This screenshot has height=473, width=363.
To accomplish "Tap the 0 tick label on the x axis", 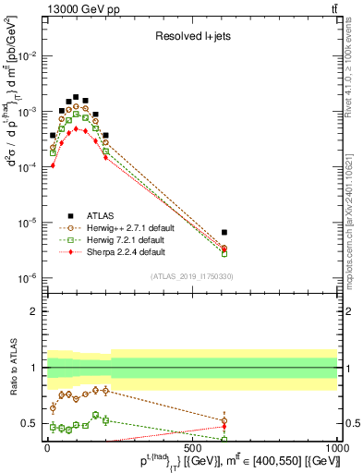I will [47, 450].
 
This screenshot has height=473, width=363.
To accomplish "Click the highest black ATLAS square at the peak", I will [76, 96].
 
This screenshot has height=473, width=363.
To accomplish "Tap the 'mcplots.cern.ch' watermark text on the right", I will [355, 222].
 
